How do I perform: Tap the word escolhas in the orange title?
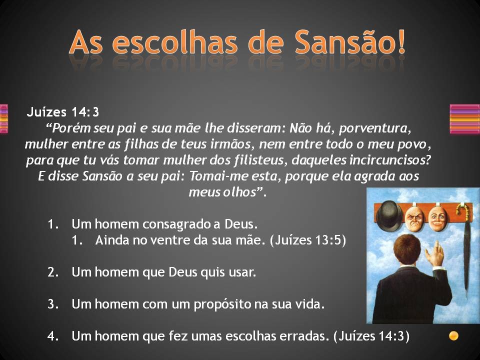point(175,42)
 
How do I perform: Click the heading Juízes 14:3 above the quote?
point(63,112)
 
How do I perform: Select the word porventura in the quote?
point(374,128)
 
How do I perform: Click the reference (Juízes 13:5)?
point(308,240)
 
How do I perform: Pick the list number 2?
point(53,272)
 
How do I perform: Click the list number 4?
point(53,336)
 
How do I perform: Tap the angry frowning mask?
point(414,218)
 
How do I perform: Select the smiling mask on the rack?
point(438,218)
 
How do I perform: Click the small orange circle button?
point(453,336)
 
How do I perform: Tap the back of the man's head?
point(407,249)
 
